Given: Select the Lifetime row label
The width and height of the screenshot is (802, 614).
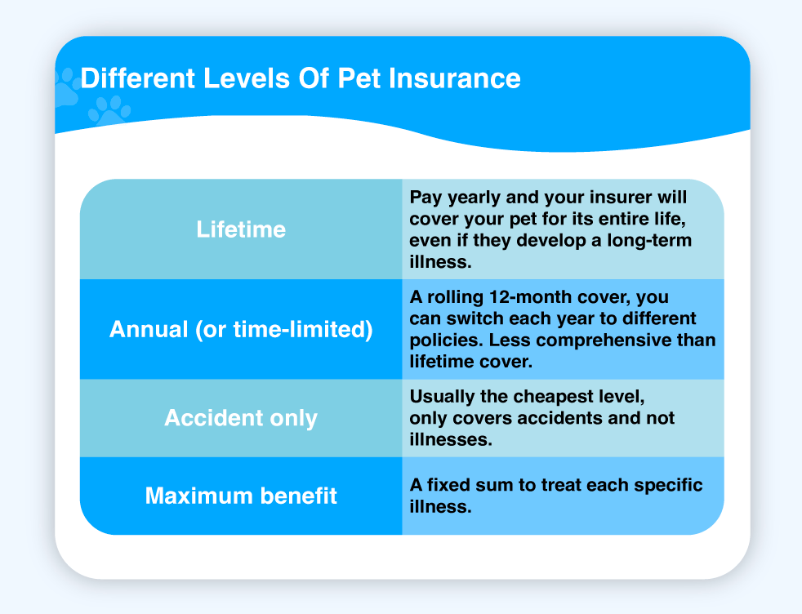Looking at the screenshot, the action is click(x=241, y=229).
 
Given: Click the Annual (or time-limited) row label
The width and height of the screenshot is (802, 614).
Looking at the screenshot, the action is click(x=241, y=329).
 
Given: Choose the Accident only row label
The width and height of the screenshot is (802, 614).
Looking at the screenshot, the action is click(x=241, y=418).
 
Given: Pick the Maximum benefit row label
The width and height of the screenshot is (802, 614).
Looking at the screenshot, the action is click(x=241, y=496).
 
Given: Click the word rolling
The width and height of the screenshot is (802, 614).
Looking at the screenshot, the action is click(x=456, y=297).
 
